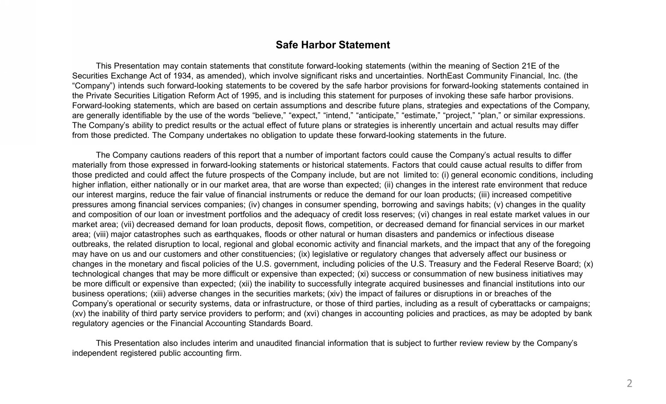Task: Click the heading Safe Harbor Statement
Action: point(333,45)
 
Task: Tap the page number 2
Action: point(629,384)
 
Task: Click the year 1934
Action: point(182,76)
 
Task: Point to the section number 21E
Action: point(530,66)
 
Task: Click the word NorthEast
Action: point(444,76)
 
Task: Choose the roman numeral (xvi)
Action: point(311,314)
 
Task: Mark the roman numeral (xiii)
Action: point(158,294)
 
